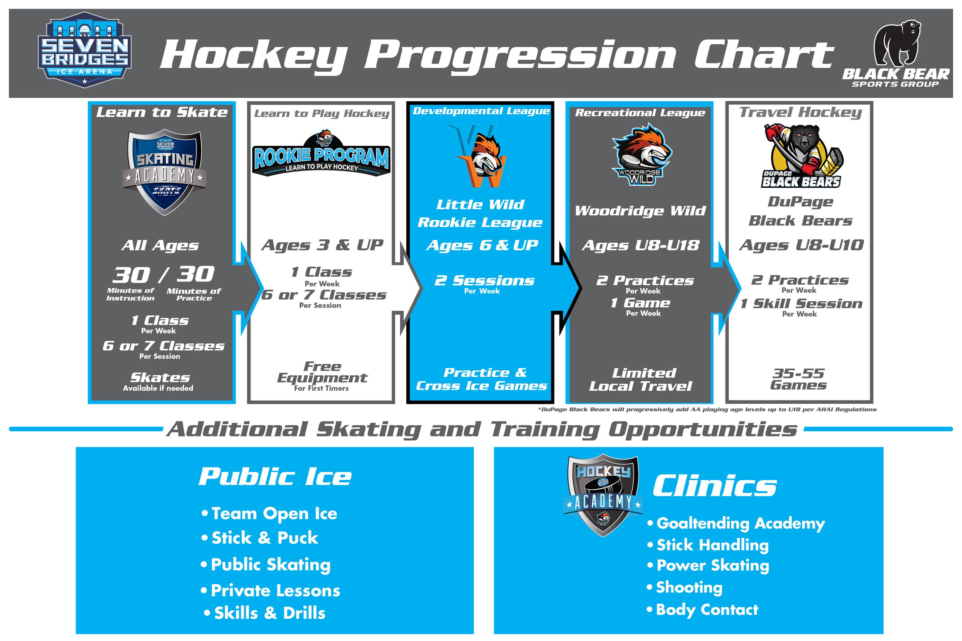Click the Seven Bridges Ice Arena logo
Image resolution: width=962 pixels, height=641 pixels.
[84, 50]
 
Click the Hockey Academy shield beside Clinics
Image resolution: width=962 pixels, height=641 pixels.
[603, 495]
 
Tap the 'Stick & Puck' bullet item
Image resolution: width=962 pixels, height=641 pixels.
[264, 538]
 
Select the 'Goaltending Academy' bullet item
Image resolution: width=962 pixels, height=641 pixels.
[740, 524]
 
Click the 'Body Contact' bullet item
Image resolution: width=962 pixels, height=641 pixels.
[706, 610]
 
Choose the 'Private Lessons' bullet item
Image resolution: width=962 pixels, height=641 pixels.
[275, 591]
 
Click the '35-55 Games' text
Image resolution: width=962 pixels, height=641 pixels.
[798, 379]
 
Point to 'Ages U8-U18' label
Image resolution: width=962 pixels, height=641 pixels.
[640, 245]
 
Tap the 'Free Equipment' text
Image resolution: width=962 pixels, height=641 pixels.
[322, 372]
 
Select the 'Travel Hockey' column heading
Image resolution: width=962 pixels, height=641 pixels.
[801, 112]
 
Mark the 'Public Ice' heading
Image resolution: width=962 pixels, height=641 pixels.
[275, 477]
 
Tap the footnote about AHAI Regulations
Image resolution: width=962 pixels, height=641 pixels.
[707, 409]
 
